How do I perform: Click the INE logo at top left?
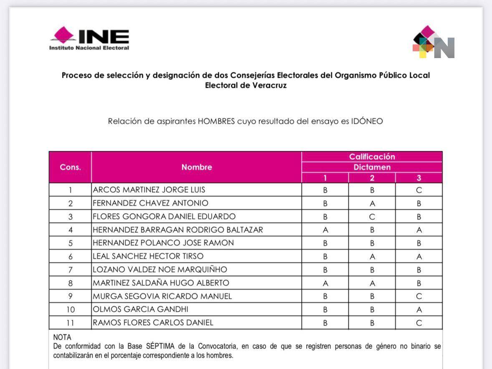point(89,39)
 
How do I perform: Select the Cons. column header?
point(70,167)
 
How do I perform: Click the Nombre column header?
point(197,167)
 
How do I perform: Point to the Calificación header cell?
point(372,157)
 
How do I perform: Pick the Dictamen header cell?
point(372,167)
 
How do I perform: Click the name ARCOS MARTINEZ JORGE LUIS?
point(149,190)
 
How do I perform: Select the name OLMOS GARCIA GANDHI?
point(140,309)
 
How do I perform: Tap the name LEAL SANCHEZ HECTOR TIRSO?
point(148,256)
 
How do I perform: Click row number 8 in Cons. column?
point(70,283)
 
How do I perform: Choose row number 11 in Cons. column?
point(70,323)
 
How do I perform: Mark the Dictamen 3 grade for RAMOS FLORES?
point(419,323)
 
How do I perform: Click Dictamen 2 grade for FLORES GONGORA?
point(372,216)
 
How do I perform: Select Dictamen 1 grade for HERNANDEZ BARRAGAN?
point(325,230)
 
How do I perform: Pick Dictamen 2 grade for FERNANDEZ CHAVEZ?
point(372,203)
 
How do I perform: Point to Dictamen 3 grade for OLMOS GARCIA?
point(419,309)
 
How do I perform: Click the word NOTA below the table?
point(62,337)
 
